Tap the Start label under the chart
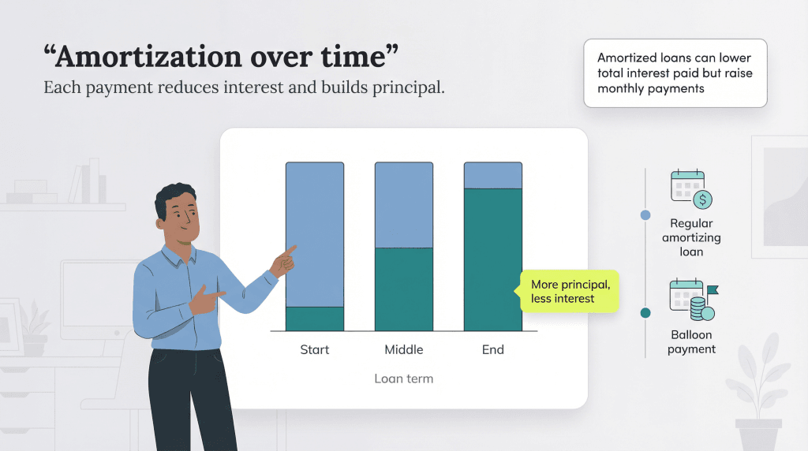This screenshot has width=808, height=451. point(314,349)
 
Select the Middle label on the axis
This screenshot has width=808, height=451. point(403,349)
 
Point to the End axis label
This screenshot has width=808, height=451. point(492,349)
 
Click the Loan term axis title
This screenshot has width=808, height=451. point(403,378)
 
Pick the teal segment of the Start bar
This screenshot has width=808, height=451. point(314,319)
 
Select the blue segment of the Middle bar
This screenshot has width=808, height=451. point(403,205)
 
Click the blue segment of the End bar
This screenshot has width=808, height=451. point(492,175)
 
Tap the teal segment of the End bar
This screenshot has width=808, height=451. point(492,260)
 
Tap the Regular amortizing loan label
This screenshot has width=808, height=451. point(691,237)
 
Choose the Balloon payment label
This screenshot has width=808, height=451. point(691,342)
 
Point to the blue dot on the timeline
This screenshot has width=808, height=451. point(645,214)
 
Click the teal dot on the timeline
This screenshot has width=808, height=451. point(645,313)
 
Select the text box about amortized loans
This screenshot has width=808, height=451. point(675,73)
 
